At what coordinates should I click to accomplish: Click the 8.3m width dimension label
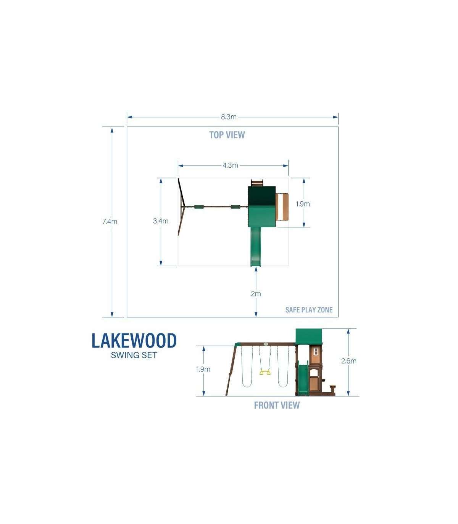229,117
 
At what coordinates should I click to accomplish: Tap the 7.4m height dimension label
110,222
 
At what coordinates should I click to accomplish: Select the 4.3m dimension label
230,165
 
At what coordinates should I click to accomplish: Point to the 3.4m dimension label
161,221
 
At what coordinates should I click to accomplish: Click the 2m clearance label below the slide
256,294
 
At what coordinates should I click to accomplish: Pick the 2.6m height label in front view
349,361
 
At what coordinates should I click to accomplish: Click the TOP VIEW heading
227,135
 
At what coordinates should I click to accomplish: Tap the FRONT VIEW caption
277,406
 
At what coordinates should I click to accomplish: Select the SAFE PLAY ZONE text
309,310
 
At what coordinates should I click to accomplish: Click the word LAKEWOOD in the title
134,341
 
